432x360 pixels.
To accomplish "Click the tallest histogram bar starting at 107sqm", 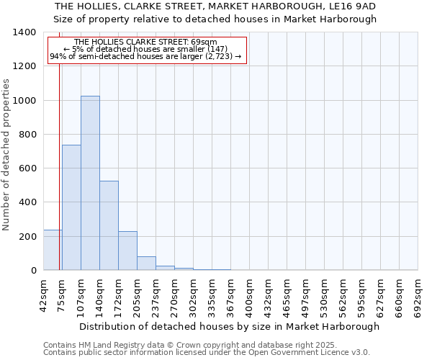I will click(90, 183).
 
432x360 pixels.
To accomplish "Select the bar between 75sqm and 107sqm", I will click(71, 207).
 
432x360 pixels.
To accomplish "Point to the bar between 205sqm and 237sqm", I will click(146, 264).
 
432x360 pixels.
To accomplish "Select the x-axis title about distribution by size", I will click(229, 326).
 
